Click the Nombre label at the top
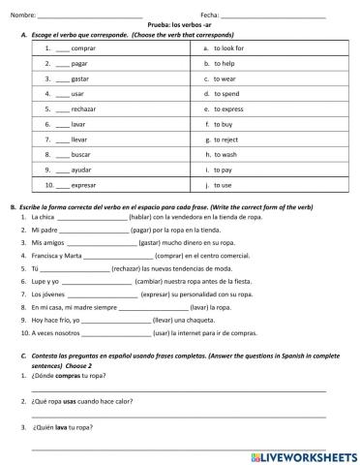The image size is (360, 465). pyautogui.click(x=22, y=15)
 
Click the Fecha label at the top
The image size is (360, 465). pyautogui.click(x=210, y=15)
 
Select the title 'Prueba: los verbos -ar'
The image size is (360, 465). pyautogui.click(x=179, y=24)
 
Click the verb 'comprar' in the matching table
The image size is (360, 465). pyautogui.click(x=83, y=47)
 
